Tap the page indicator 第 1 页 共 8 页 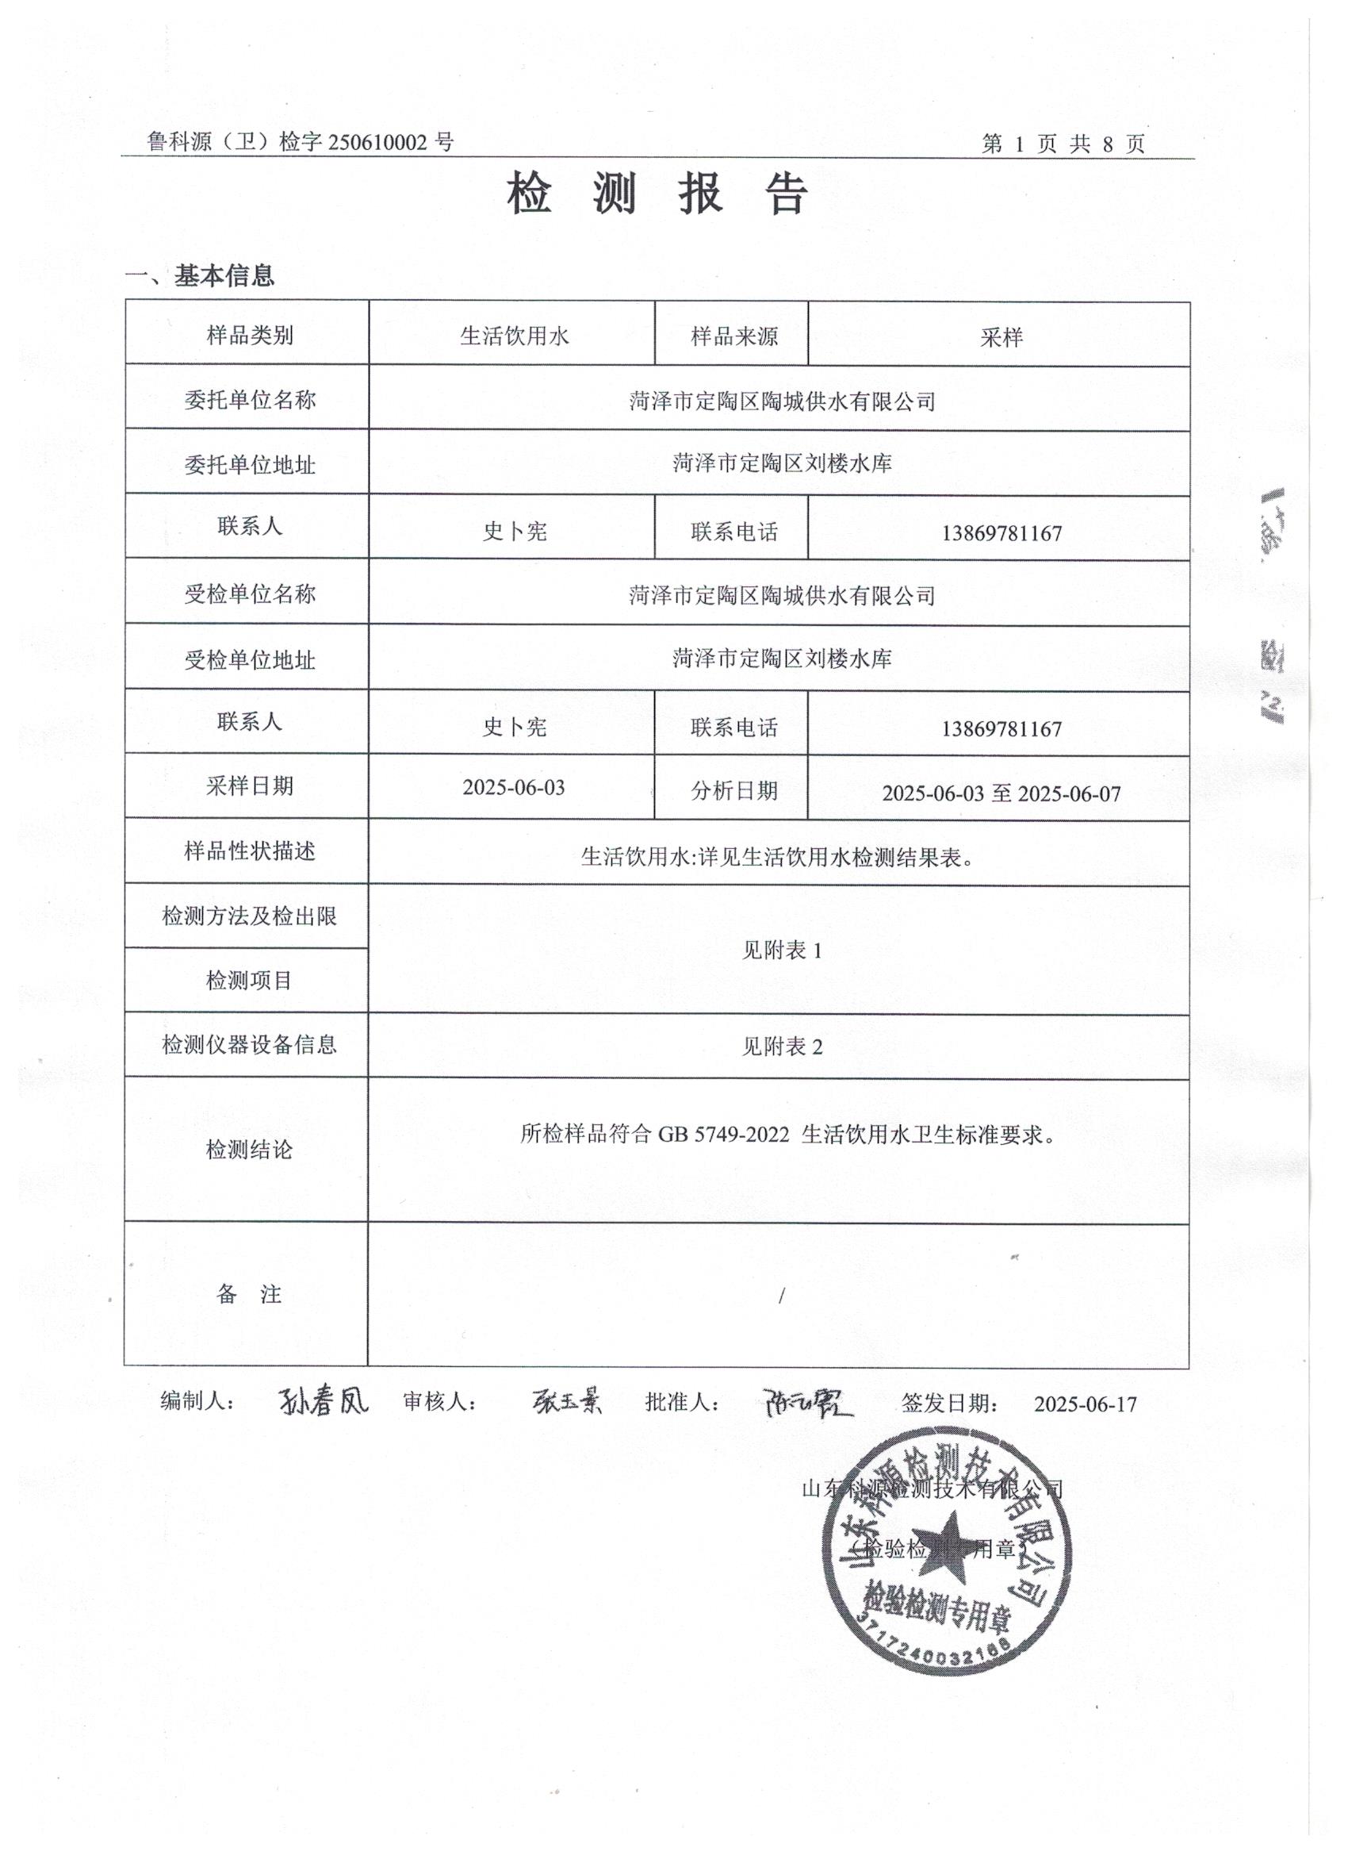pos(1063,144)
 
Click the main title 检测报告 pos(657,194)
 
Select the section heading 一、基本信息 pos(201,276)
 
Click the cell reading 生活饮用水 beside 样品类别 pos(513,336)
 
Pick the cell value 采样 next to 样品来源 pos(1001,337)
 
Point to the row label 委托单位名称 pos(249,400)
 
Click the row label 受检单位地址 pos(249,660)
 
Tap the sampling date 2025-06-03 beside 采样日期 pos(513,788)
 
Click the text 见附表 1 pos(782,950)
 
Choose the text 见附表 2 pos(782,1046)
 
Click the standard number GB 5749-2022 pos(723,1135)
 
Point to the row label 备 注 pos(248,1294)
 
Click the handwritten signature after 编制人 pos(322,1401)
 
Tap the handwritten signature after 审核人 pos(565,1402)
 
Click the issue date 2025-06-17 pos(1085,1404)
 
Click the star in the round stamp pos(948,1546)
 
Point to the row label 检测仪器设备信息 pos(249,1044)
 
